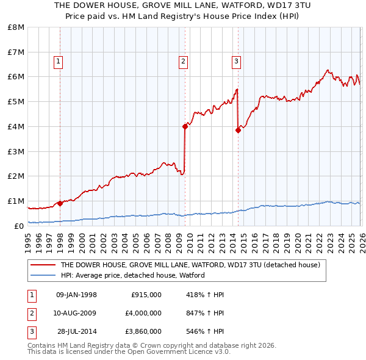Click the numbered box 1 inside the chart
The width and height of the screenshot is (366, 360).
pyautogui.click(x=58, y=61)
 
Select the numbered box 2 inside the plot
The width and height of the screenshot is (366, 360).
pyautogui.click(x=183, y=61)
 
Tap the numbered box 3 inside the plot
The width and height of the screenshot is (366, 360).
pyautogui.click(x=236, y=61)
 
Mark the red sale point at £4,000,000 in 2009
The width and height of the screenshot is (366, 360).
pyautogui.click(x=185, y=127)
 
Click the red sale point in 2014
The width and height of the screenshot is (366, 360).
pyautogui.click(x=238, y=130)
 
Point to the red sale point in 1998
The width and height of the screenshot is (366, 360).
pyautogui.click(x=60, y=203)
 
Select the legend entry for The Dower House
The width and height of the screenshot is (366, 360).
pyautogui.click(x=190, y=265)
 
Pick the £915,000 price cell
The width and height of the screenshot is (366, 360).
pyautogui.click(x=146, y=295)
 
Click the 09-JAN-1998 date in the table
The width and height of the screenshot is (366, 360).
pyautogui.click(x=76, y=295)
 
